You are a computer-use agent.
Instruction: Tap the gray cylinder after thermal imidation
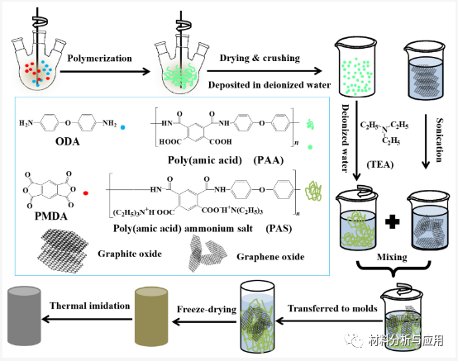[31, 321]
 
